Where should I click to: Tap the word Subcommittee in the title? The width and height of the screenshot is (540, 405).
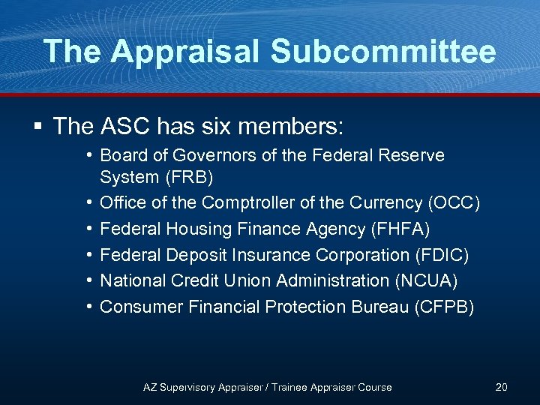click(383, 52)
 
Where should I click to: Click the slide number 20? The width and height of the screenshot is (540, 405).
click(502, 387)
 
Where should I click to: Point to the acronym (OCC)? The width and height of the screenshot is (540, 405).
click(454, 202)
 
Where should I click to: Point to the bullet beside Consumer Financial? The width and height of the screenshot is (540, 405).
click(88, 307)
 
